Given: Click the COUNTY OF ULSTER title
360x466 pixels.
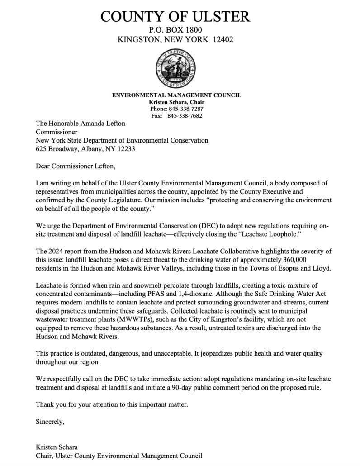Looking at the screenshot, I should pos(175,17).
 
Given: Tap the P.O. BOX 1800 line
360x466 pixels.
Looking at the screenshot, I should pos(175,30).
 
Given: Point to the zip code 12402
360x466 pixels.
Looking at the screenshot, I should pos(223,40).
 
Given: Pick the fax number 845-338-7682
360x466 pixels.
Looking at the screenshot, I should pos(186,116).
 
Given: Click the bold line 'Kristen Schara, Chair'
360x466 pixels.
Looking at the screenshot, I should pos(176,102).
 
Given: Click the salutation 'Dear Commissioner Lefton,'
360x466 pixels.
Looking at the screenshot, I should pos(76,167).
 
